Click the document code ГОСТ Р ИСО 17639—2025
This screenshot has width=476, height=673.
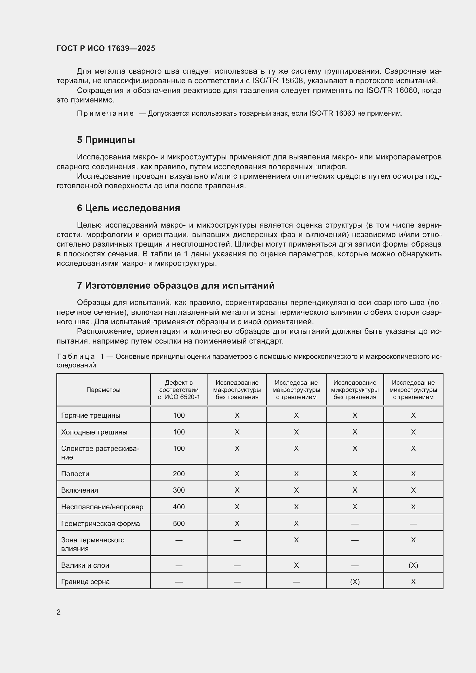106,48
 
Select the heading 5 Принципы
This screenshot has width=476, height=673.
106,140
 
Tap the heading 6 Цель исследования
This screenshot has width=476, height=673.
128,208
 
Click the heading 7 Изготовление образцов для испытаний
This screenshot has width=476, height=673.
176,285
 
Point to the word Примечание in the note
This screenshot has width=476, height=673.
105,113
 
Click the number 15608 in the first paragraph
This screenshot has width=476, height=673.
291,81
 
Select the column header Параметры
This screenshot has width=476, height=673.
103,390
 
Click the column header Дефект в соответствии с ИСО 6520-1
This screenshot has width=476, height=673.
179,390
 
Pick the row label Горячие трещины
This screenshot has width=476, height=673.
91,415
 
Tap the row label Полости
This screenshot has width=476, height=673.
75,474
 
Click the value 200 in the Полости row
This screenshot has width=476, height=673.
179,474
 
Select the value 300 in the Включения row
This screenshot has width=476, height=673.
179,490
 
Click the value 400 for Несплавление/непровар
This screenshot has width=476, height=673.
179,507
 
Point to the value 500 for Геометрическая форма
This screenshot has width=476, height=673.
179,523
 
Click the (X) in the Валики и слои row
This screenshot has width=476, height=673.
413,565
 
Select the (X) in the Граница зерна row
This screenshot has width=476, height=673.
355,582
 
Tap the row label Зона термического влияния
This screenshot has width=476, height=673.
93,544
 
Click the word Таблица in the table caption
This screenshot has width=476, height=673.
76,357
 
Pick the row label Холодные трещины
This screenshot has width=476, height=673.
94,432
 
